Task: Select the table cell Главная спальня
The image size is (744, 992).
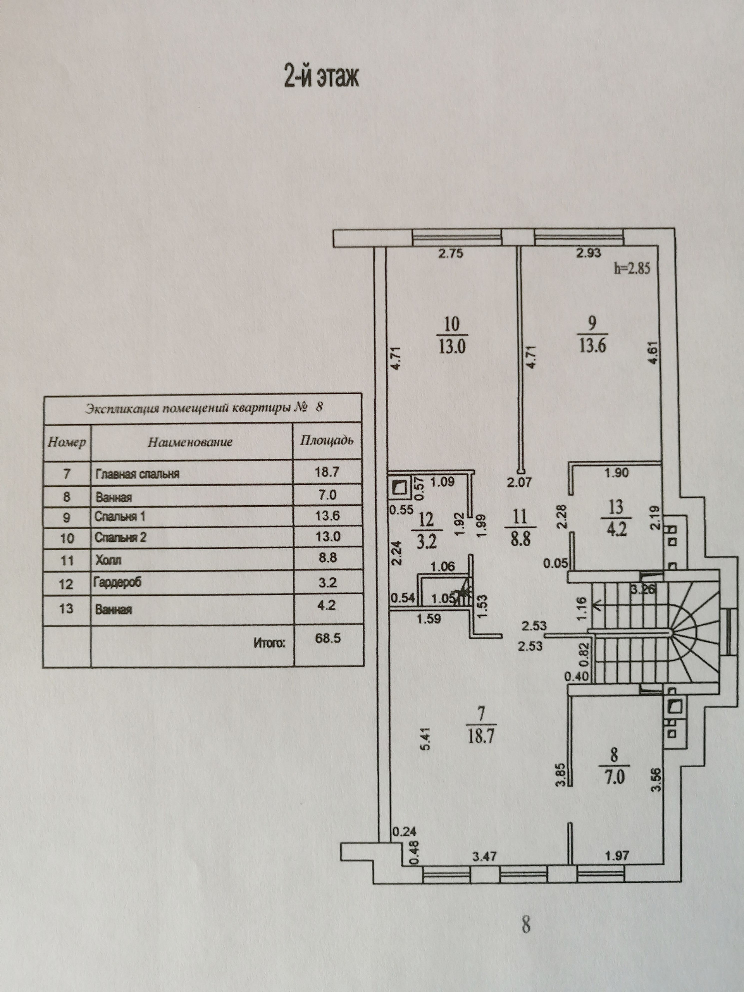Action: tap(137, 474)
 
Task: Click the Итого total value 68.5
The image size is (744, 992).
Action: tap(328, 638)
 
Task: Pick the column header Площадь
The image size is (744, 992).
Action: tap(327, 440)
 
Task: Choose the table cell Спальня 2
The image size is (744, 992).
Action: tap(120, 537)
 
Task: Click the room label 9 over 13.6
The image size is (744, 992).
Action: tap(592, 334)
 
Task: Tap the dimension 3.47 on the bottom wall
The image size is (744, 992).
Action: tap(484, 856)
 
